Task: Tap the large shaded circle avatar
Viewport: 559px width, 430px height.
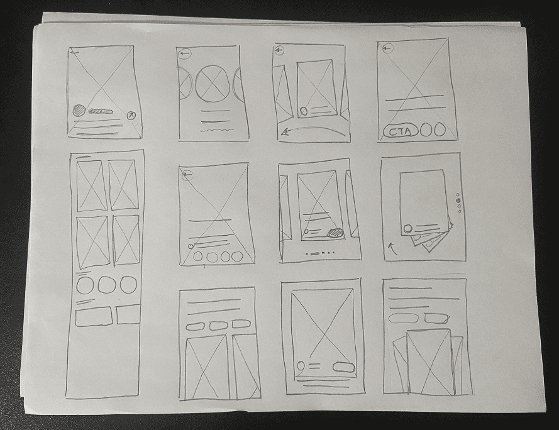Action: (x=79, y=111)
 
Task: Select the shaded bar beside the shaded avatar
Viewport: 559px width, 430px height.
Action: (x=101, y=112)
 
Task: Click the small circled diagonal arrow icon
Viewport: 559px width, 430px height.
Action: (x=131, y=115)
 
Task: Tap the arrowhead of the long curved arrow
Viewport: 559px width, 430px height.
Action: (x=284, y=133)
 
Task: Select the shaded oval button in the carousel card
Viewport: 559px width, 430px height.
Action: (x=336, y=233)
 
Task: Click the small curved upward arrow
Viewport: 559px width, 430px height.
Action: (x=392, y=248)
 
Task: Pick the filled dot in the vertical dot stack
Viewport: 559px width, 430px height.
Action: (x=458, y=201)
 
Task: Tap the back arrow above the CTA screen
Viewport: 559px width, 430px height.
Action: (x=387, y=48)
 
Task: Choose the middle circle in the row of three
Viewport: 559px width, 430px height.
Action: (x=108, y=285)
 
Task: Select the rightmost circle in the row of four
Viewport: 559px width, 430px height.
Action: (x=236, y=256)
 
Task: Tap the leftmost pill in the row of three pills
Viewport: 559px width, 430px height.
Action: (x=195, y=326)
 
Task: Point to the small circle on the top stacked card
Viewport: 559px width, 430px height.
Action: (x=407, y=228)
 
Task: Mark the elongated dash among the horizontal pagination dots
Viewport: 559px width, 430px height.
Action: (x=314, y=254)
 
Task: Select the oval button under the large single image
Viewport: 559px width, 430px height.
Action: (x=344, y=367)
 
